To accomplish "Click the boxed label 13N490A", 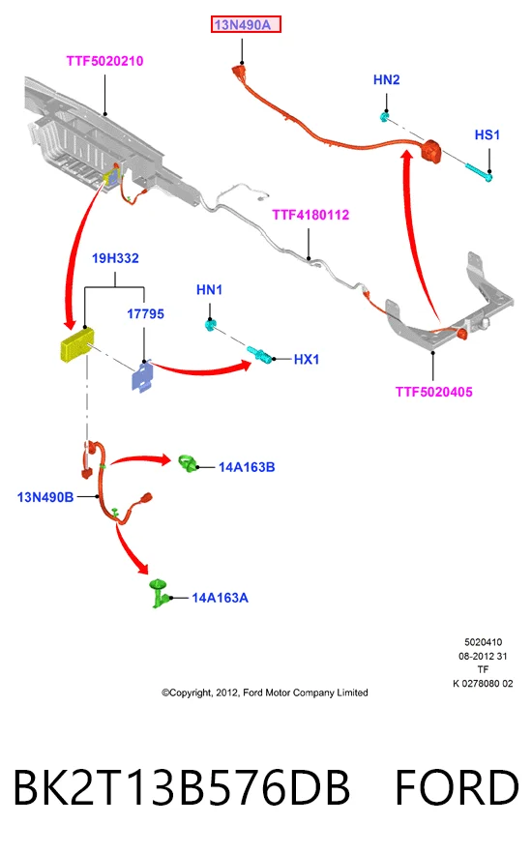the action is pos(246,24).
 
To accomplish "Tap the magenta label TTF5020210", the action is pos(105,61).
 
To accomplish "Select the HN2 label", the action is pos(387,80).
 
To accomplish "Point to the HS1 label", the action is pos(488,135).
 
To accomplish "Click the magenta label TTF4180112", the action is pos(310,215).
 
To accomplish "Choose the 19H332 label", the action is pos(115,258).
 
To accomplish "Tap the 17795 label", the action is pos(145,313).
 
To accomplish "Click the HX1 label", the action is pos(307,360).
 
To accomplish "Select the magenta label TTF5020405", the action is pos(434,392).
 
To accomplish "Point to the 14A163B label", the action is pos(247,467).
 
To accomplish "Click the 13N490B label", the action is pos(45,497).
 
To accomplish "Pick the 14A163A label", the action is pos(220,598).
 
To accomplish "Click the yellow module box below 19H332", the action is pos(76,344).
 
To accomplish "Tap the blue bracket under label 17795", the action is pos(142,376).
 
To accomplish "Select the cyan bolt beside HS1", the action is pos(479,171).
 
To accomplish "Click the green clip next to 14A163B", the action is pos(188,463).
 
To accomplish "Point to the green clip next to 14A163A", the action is pos(159,593).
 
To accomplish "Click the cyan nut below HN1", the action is pos(210,325).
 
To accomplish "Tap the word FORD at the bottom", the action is pos(457,787).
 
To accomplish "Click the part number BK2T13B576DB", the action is pos(181,787).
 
